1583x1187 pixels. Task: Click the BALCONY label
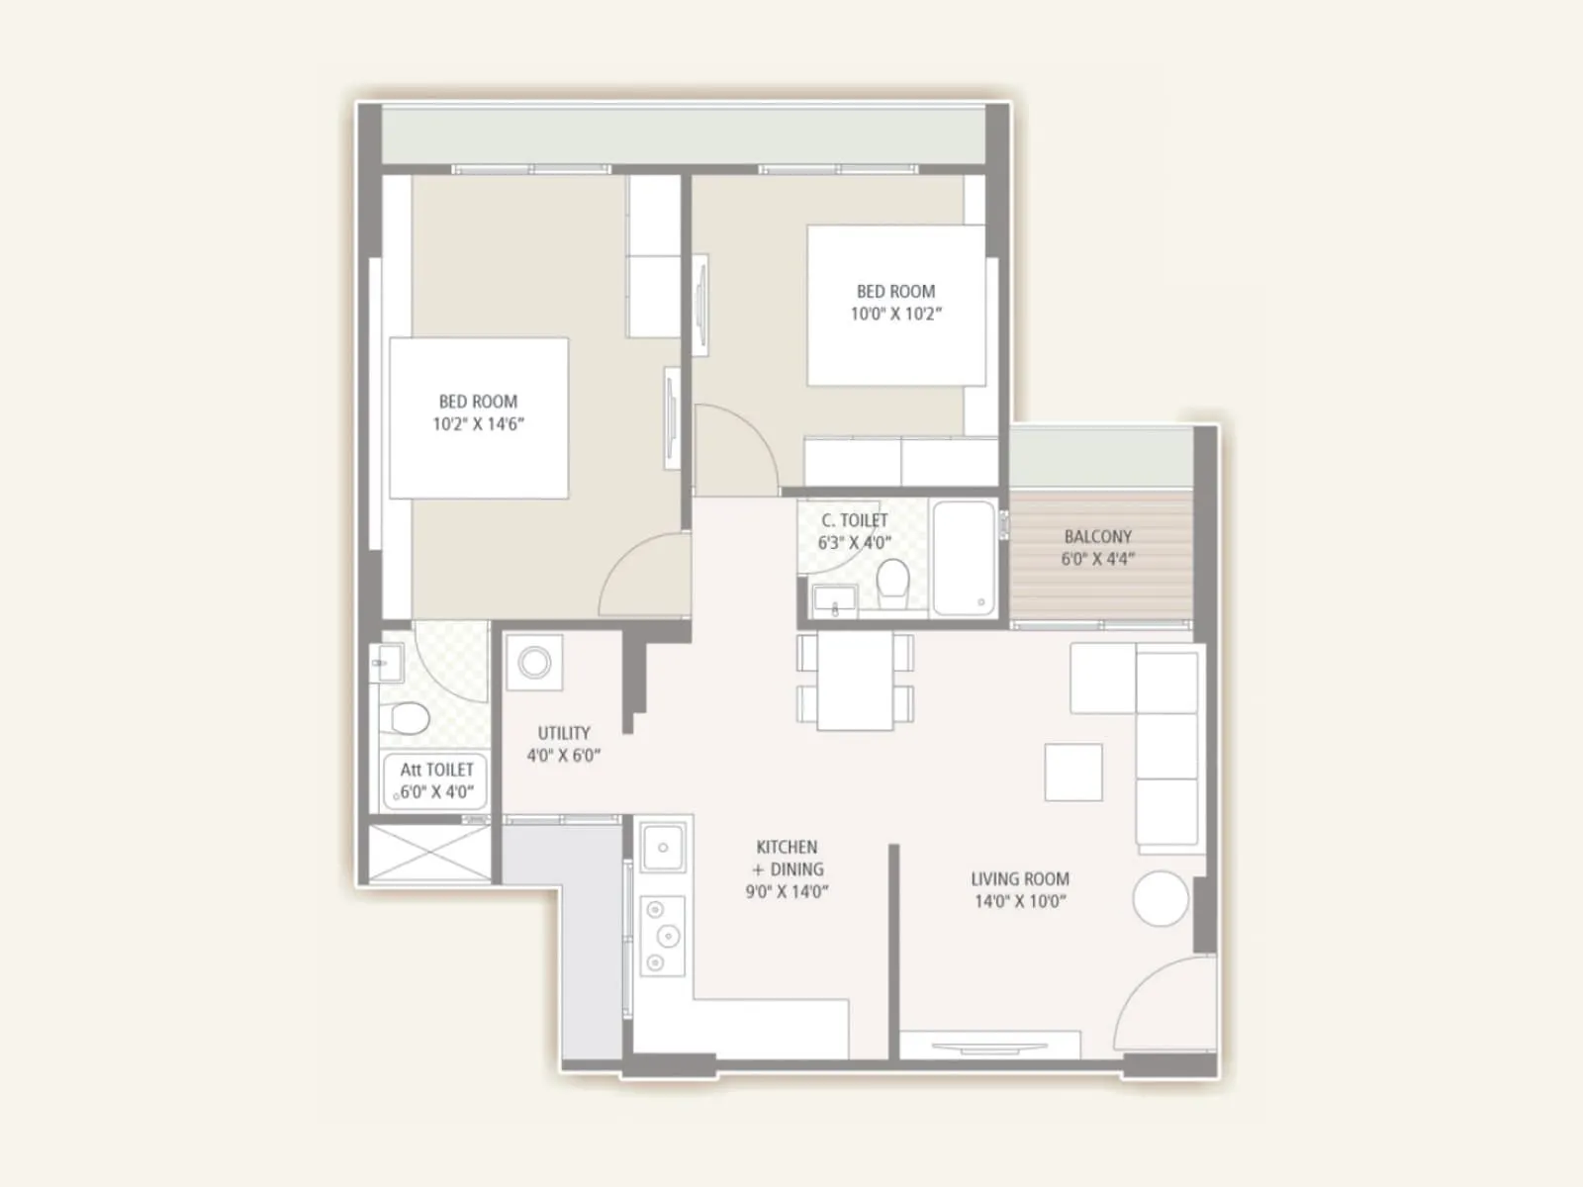1097,536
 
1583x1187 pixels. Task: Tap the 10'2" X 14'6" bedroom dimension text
478,424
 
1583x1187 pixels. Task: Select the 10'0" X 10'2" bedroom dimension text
895,314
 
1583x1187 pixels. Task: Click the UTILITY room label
564,733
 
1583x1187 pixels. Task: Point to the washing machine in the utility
534,662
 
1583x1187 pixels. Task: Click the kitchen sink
663,848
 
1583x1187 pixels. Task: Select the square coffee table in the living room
1073,772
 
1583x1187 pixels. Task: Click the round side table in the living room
1161,898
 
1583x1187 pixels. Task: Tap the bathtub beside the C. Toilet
963,558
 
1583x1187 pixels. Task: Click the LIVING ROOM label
1020,878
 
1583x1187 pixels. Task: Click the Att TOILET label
436,770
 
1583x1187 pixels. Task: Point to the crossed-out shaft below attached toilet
429,852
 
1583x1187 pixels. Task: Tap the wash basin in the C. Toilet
834,600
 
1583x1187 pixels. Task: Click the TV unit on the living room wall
989,1047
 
